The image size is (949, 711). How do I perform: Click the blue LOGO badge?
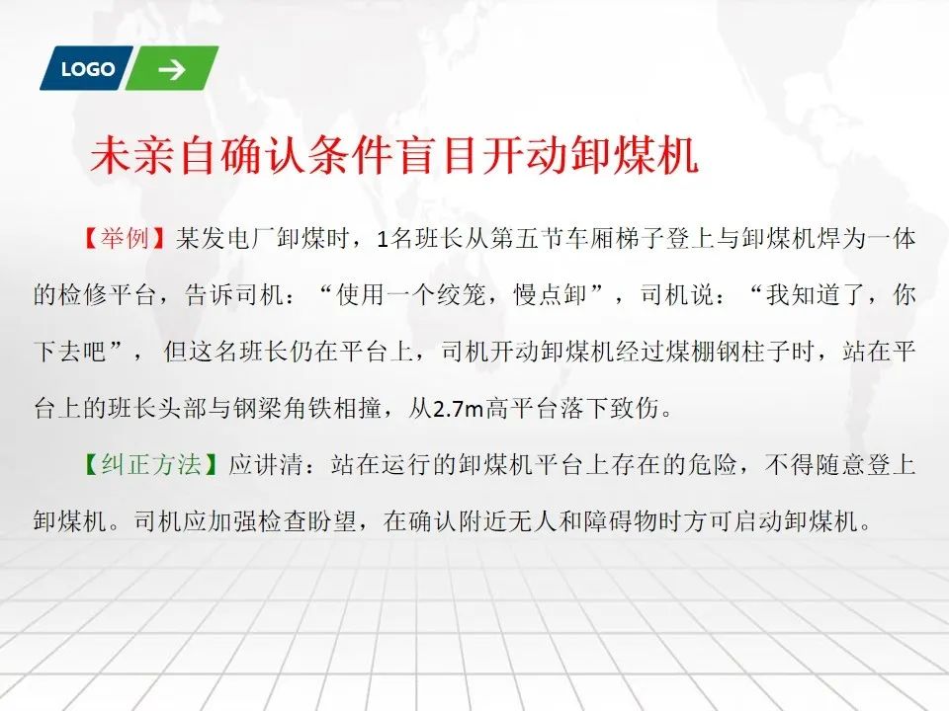point(86,68)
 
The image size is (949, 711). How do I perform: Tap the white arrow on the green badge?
point(172,69)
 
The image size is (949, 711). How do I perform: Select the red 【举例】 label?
point(125,239)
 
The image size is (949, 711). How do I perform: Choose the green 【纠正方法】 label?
point(149,464)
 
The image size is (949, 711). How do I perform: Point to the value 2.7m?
point(458,409)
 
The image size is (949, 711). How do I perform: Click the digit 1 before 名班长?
point(382,239)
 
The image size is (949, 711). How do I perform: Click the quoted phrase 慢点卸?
point(551,295)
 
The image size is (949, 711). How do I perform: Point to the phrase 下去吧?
point(70,352)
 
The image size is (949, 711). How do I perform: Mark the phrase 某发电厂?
point(225,239)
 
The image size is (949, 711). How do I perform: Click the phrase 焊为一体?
point(866,239)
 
